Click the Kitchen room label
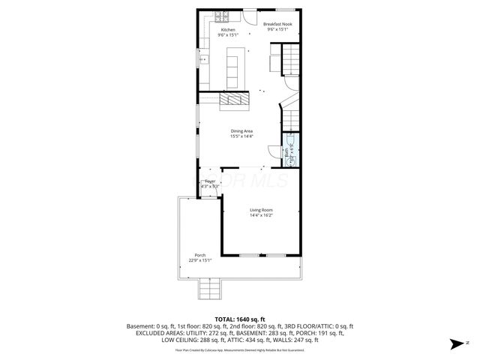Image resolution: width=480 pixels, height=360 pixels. click(x=226, y=29)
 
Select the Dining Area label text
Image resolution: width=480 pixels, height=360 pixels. click(x=241, y=131)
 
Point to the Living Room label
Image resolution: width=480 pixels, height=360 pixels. click(x=261, y=210)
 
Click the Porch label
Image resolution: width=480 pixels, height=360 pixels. click(x=200, y=255)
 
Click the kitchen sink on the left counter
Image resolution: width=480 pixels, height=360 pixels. click(x=203, y=59)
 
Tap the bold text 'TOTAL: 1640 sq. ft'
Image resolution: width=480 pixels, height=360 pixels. click(x=240, y=319)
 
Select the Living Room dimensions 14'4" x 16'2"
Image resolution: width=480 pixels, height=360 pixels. click(x=261, y=216)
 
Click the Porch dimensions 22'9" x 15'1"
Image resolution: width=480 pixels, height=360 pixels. click(x=200, y=261)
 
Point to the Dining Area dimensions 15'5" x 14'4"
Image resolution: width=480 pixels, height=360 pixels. click(x=241, y=136)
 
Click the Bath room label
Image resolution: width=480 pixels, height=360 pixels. click(x=286, y=151)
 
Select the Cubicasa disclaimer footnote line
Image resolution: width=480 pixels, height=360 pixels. click(x=240, y=349)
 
